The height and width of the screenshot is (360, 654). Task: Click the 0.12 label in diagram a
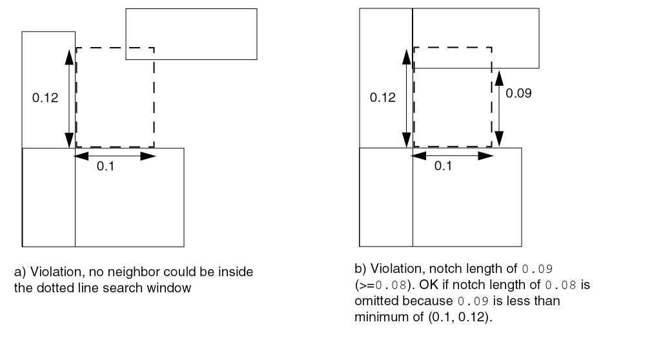45,98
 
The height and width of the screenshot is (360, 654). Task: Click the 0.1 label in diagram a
105,167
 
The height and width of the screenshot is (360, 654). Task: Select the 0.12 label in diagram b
382,98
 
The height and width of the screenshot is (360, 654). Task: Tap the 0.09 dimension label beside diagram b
518,94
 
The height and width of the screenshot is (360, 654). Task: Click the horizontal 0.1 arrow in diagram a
115,155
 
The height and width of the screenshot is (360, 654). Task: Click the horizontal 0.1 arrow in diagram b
453,155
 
